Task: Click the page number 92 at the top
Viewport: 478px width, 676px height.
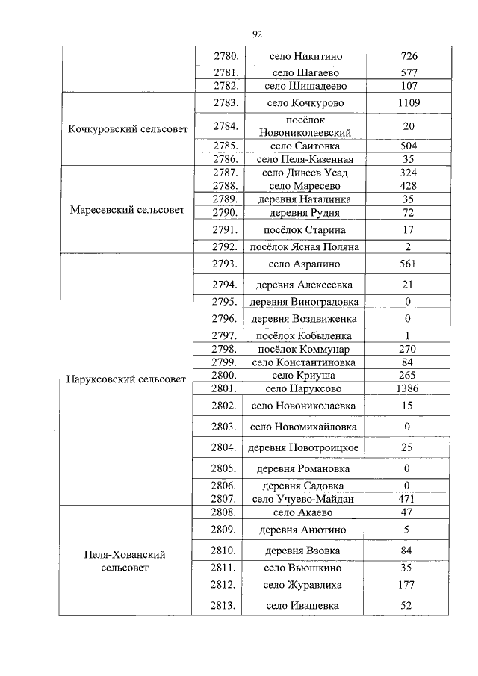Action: click(258, 34)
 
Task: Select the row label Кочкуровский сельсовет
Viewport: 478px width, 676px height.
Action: click(127, 129)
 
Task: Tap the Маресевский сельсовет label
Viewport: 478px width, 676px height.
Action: click(127, 210)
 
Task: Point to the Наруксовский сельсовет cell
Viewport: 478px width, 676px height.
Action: click(127, 379)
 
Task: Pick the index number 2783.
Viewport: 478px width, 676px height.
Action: click(224, 103)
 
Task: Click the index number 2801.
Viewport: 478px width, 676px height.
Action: click(224, 388)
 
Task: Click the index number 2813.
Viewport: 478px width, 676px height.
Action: click(224, 605)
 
